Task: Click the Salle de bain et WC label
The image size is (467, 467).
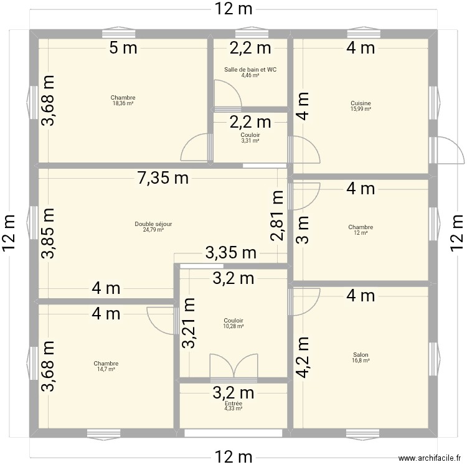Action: tap(250, 70)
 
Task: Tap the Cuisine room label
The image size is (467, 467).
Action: tap(361, 103)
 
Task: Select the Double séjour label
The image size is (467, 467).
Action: tap(153, 224)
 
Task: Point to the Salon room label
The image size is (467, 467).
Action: tap(361, 355)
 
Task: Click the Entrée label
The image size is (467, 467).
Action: tap(233, 403)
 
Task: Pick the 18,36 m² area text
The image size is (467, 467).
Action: tap(123, 103)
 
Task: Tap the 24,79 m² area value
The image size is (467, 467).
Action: tap(153, 230)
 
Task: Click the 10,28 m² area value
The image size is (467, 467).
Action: tap(233, 326)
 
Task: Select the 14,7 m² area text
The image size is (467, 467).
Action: tap(106, 369)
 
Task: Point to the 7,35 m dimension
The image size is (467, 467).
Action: tap(163, 179)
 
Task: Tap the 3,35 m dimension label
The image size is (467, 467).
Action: tap(230, 253)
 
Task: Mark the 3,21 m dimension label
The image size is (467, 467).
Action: tap(189, 323)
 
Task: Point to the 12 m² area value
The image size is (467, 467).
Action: tap(361, 233)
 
